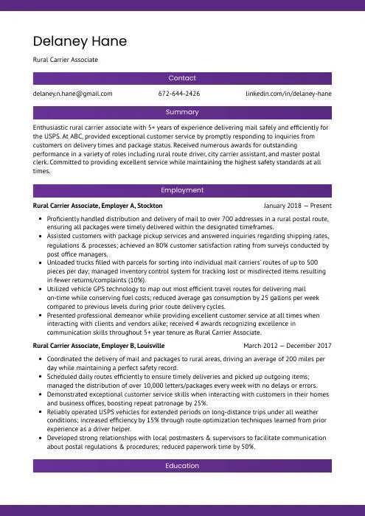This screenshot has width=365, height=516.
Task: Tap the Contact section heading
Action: pos(182,77)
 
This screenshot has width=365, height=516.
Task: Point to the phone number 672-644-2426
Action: pos(179,94)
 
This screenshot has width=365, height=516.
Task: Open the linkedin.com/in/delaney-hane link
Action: pos(288,94)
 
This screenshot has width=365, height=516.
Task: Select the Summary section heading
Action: pos(182,112)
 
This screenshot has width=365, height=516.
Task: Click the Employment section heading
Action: pos(182,190)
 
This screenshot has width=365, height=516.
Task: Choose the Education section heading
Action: pos(182,466)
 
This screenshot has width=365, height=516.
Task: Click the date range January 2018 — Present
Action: pos(297,206)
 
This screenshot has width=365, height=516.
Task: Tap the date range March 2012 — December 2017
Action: pos(288,345)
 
